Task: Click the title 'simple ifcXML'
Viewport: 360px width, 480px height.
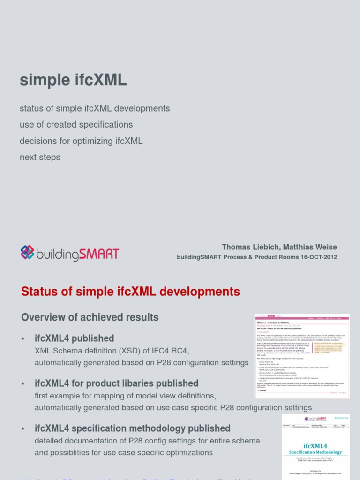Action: (73, 80)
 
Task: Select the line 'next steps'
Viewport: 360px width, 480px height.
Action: (40, 157)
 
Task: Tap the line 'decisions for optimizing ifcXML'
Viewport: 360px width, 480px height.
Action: (81, 141)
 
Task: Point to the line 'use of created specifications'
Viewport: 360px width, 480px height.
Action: (76, 125)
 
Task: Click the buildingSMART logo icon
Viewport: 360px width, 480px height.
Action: (28, 253)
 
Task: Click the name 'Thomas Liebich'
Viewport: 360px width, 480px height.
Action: (248, 247)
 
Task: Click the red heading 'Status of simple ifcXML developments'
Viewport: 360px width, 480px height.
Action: (130, 292)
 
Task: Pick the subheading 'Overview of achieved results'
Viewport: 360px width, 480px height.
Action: (90, 317)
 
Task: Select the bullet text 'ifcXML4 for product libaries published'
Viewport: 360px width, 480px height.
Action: (116, 383)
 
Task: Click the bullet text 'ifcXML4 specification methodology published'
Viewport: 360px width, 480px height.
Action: (132, 428)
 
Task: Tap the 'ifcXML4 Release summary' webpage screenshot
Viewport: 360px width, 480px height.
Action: (302, 356)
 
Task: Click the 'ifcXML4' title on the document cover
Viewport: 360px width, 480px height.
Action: (315, 445)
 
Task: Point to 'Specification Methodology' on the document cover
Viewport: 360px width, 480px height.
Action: (315, 452)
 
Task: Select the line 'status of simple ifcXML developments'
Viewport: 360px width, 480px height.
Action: (95, 108)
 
